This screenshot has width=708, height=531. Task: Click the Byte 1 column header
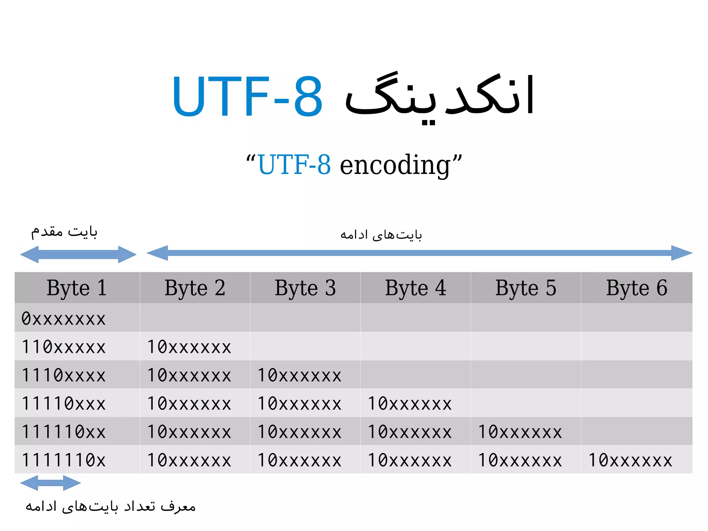point(77,288)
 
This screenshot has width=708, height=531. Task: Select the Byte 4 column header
point(416,288)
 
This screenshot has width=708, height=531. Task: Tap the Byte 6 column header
point(636,288)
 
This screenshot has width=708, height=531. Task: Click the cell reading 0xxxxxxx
point(64,319)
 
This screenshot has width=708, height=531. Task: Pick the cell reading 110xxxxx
point(64,347)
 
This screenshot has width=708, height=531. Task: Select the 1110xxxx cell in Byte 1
point(64,375)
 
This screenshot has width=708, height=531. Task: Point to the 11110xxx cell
point(64,404)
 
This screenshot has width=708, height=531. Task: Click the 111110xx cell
point(64,432)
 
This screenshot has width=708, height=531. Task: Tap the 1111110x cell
point(64,460)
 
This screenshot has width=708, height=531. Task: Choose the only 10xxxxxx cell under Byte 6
point(630,460)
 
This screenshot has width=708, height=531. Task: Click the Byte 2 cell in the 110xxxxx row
point(189,347)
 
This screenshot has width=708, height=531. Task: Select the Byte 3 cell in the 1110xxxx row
point(299,375)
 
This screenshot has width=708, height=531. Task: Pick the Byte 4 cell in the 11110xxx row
point(410,404)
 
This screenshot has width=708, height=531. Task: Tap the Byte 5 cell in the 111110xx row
point(520,432)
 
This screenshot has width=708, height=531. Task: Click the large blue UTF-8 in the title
point(247,96)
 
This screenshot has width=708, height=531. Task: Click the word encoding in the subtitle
point(395,165)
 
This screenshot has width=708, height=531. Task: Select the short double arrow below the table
point(50,483)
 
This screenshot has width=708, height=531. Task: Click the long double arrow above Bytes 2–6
point(419,253)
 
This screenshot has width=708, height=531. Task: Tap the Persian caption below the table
point(111,506)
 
